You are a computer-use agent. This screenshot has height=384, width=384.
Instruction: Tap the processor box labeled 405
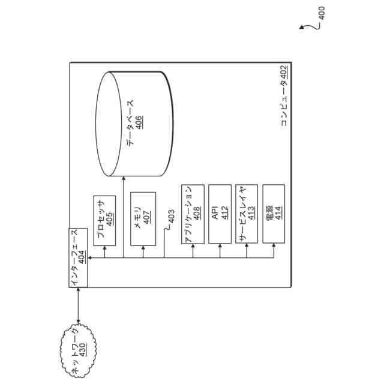click(106, 220)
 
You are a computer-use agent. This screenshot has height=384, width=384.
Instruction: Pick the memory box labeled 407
click(143, 218)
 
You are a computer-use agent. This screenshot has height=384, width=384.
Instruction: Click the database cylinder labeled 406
click(134, 124)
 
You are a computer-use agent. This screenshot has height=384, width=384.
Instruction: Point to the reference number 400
click(322, 13)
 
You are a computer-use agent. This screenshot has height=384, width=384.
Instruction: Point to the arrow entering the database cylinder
click(124, 180)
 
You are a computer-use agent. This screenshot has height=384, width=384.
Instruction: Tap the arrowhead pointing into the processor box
click(106, 247)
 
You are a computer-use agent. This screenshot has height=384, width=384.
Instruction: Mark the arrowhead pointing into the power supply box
click(274, 247)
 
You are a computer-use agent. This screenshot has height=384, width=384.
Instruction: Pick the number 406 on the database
click(139, 120)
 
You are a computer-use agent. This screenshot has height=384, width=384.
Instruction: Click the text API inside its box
click(215, 214)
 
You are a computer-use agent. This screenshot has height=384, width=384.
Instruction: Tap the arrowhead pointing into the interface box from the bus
click(89, 258)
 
